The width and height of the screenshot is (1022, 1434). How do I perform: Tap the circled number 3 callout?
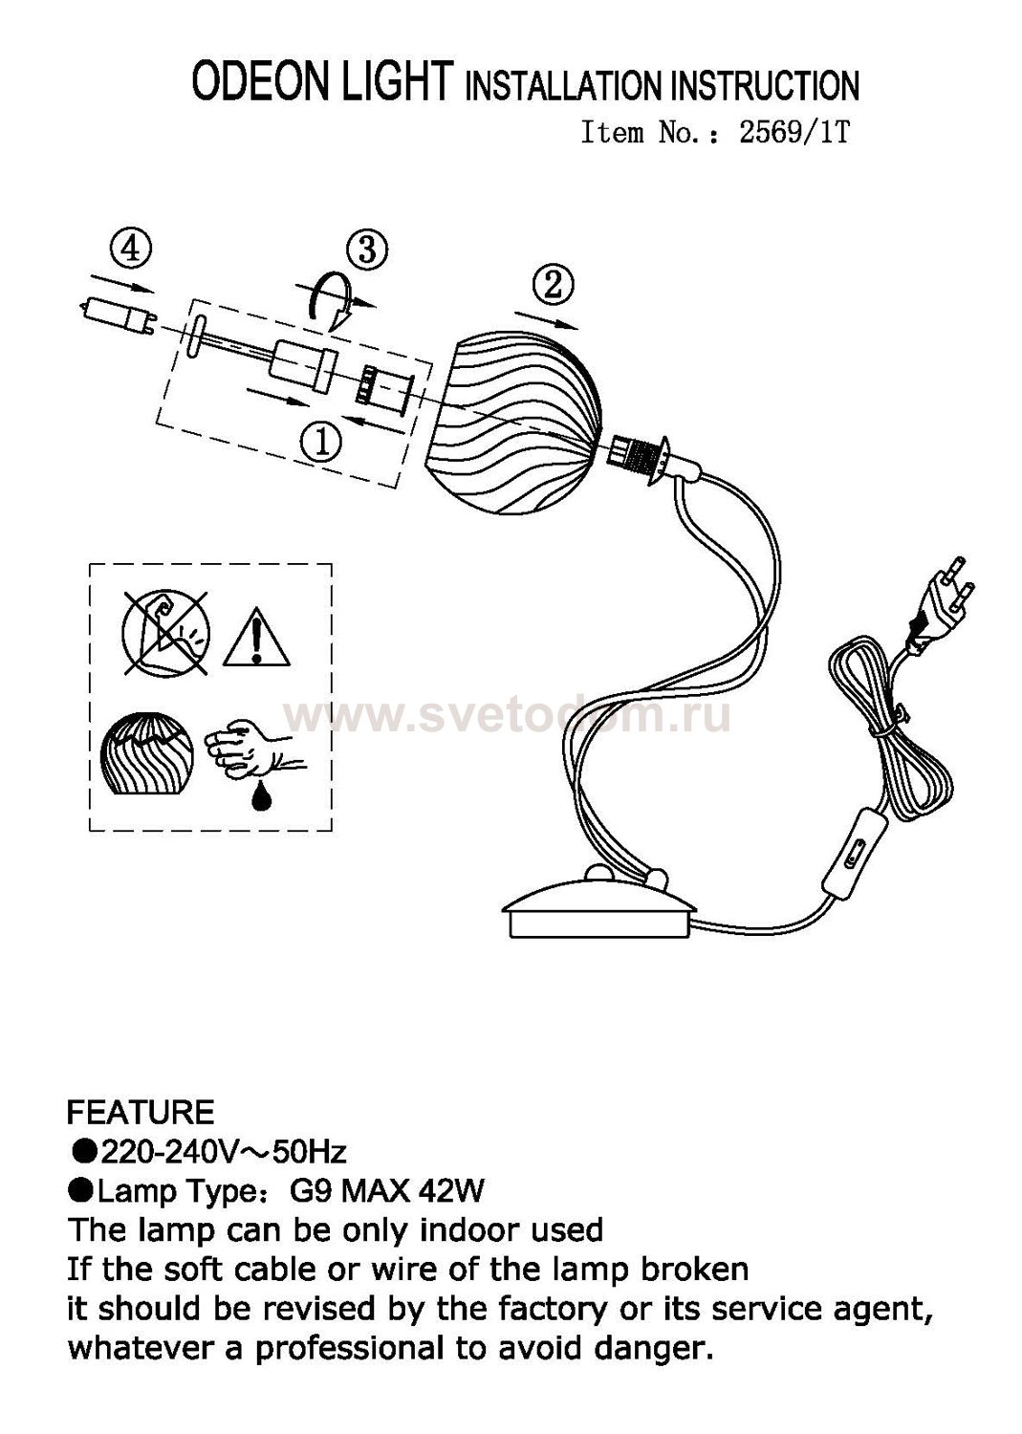(366, 250)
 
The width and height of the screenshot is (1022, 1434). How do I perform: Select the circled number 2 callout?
(553, 285)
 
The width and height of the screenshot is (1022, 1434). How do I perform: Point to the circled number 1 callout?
(321, 443)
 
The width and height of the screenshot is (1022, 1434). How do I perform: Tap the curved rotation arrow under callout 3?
(337, 299)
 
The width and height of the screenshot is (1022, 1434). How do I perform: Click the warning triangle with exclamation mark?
(257, 636)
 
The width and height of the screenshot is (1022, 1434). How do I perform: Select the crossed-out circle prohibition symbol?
(165, 633)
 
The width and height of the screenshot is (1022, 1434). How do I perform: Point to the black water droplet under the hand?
(261, 798)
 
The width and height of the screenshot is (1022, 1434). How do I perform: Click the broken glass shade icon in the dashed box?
(147, 756)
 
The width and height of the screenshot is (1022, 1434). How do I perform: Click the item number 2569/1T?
(794, 133)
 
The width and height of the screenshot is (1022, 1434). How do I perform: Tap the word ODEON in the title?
(263, 81)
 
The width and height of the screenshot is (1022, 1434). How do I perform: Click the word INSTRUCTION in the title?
(765, 86)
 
